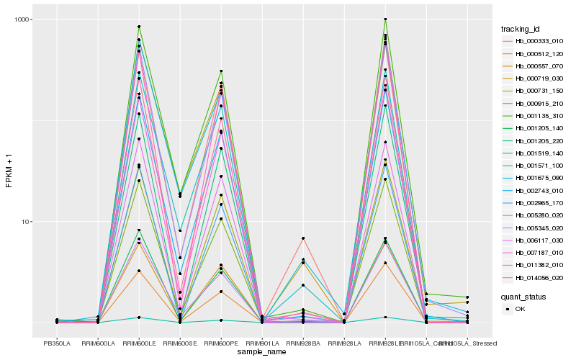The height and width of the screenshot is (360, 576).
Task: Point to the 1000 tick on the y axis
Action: pos(23,19)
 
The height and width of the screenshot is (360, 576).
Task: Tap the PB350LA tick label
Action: pos(57,343)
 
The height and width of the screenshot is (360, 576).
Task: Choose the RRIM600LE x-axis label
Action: pos(139,343)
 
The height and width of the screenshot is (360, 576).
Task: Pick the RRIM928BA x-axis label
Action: pos(303,343)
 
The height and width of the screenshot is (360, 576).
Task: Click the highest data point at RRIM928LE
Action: pos(385,19)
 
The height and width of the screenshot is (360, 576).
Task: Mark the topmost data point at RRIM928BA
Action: pos(303,238)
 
